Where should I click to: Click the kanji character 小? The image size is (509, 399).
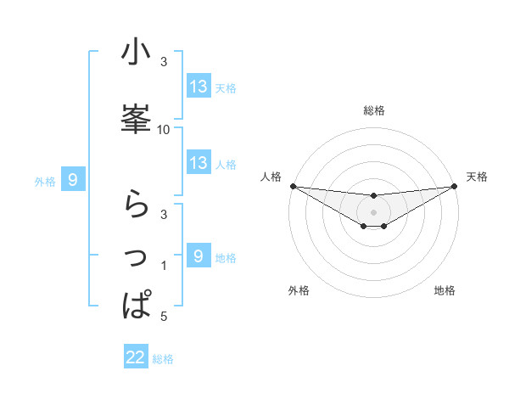point(136,53)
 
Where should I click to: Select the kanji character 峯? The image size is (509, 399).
point(136,118)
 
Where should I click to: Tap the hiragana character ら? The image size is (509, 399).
point(136,202)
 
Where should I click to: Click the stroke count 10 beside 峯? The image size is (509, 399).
point(164,129)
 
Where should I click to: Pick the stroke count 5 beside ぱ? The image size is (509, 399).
point(164,317)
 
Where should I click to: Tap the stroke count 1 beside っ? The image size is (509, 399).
point(164,266)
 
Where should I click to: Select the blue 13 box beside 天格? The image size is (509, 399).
point(199,87)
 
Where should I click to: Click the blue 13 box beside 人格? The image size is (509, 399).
point(199,163)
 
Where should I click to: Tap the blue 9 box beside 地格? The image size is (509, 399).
point(199,256)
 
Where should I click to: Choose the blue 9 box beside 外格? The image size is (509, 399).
point(74,180)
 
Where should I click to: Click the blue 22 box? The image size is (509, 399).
point(136,357)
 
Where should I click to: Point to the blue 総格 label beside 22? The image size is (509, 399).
point(163,359)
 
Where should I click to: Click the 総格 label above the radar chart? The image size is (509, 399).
point(373,111)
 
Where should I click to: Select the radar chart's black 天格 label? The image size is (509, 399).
point(477,177)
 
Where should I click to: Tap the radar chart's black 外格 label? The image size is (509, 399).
point(299,290)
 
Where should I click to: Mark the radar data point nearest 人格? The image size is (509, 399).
point(293,186)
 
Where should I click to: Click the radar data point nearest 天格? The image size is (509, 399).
point(454,186)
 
